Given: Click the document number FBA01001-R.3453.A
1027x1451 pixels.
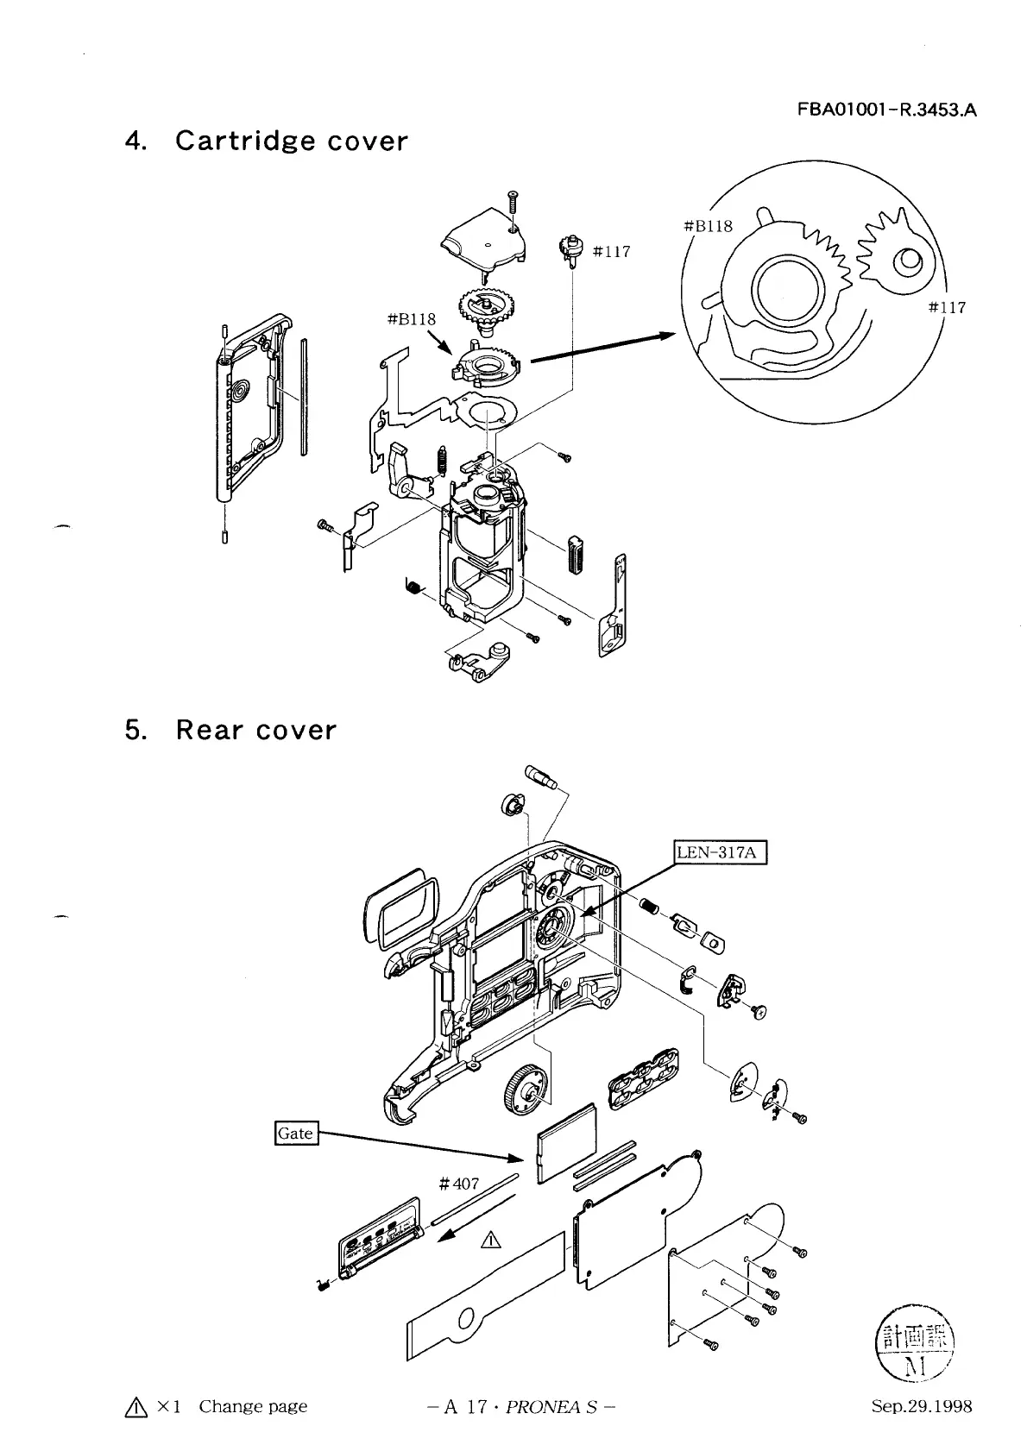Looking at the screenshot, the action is pyautogui.click(x=886, y=110).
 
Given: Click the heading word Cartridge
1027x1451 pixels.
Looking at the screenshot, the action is pyautogui.click(x=243, y=141).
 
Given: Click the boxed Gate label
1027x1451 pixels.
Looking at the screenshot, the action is pyautogui.click(x=296, y=1133).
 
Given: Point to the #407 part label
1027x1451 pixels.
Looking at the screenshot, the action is pyautogui.click(x=459, y=1184).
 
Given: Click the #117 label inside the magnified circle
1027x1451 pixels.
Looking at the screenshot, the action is pyautogui.click(x=947, y=308).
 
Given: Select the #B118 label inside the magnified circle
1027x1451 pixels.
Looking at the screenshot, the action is pyautogui.click(x=709, y=226).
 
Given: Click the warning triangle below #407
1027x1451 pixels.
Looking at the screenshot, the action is pyautogui.click(x=491, y=1240).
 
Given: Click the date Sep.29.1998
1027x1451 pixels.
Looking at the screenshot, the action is pyautogui.click(x=922, y=1406).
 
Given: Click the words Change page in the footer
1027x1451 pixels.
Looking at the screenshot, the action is pyautogui.click(x=253, y=1406).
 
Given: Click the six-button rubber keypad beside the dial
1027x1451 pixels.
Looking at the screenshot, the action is pyautogui.click(x=644, y=1078).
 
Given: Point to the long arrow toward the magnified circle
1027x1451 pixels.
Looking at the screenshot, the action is pyautogui.click(x=603, y=348).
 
